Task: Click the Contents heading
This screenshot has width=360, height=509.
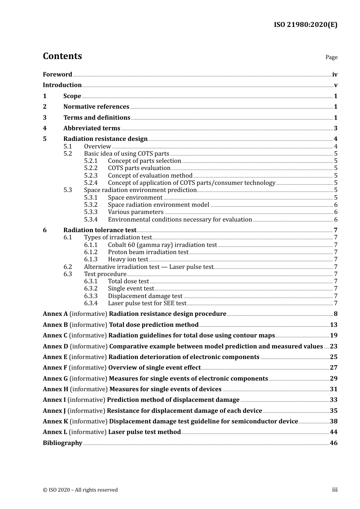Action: pyautogui.click(x=62, y=56)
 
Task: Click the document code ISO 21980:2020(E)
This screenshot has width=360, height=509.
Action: pyautogui.click(x=305, y=25)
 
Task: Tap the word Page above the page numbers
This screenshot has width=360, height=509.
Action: pyautogui.click(x=331, y=57)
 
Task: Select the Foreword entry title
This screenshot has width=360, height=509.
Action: pyautogui.click(x=57, y=75)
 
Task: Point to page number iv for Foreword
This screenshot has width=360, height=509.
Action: pyautogui.click(x=335, y=75)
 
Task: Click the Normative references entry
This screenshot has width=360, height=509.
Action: pyautogui.click(x=96, y=107)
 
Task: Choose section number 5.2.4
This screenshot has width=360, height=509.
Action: pyautogui.click(x=91, y=183)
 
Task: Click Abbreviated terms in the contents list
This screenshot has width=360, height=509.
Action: pyautogui.click(x=92, y=128)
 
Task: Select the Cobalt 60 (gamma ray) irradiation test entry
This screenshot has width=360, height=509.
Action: pyautogui.click(x=162, y=245)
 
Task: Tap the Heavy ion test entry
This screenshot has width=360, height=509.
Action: pyautogui.click(x=128, y=259)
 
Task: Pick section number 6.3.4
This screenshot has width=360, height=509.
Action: pyautogui.click(x=91, y=303)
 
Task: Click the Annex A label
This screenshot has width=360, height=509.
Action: pyautogui.click(x=55, y=314)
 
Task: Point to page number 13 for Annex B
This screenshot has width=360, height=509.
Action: pyautogui.click(x=333, y=325)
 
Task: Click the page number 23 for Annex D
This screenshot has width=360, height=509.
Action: pyautogui.click(x=333, y=347)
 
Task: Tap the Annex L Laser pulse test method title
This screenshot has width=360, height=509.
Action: pyautogui.click(x=144, y=432)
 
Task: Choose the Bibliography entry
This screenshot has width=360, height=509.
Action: pyautogui.click(x=63, y=443)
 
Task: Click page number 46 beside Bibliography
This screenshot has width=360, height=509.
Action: pyautogui.click(x=333, y=443)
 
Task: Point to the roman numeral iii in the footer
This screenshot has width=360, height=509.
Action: pyautogui.click(x=335, y=490)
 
